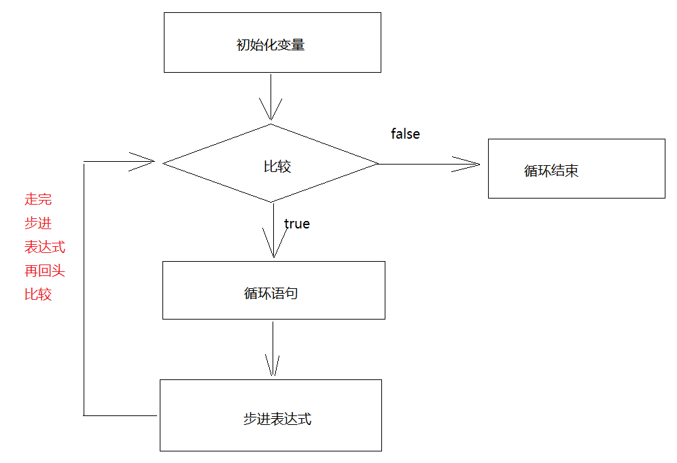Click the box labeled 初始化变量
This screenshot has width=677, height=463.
272,42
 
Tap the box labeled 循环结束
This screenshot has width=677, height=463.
576,169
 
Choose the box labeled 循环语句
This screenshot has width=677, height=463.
273,290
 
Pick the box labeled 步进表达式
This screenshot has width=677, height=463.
271,415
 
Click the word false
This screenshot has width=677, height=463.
405,134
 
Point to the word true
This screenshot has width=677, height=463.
297,224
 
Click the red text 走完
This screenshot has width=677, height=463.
38,199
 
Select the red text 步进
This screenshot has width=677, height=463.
38,223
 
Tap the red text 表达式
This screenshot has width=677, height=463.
45,247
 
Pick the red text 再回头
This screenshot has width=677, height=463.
45,271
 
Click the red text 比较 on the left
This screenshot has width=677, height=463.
38,294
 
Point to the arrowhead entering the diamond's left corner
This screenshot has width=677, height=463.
150,162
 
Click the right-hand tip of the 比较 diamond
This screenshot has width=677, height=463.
377,163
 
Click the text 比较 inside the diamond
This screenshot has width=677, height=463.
277,167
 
